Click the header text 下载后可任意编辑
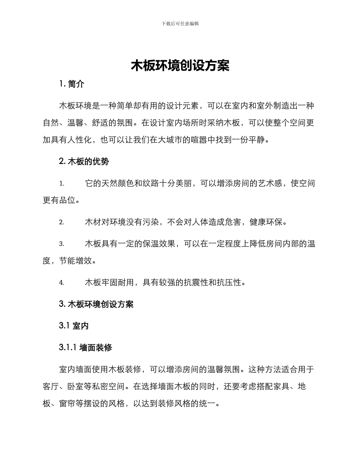[x=180, y=23]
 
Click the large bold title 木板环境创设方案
[x=180, y=66]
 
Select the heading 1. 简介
[x=72, y=84]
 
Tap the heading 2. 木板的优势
[x=84, y=161]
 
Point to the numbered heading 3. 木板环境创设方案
[x=96, y=304]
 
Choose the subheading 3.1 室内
[x=74, y=325]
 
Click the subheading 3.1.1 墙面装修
[x=86, y=347]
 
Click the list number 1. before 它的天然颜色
[x=62, y=184]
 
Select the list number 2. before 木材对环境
[x=62, y=222]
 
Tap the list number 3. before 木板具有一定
[x=62, y=244]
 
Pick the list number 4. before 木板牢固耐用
[x=62, y=283]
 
